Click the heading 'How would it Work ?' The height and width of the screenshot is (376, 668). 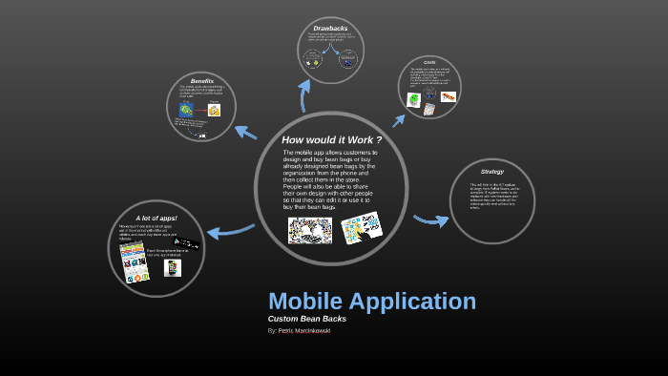pos(331,140)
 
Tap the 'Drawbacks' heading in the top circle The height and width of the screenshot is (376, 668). pos(330,29)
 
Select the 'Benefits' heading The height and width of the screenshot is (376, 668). pos(201,81)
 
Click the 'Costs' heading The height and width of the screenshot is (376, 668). pos(429,63)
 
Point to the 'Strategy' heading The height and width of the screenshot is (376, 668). pos(492,172)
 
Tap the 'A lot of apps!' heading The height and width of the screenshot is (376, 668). pos(157,218)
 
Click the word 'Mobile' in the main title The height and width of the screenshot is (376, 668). pos(305,301)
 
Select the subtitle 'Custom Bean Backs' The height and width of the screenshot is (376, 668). pos(306,319)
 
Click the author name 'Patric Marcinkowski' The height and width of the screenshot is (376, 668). pos(304,330)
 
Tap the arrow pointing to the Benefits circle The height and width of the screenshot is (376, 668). pos(245,133)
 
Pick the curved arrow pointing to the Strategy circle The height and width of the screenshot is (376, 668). pos(430,220)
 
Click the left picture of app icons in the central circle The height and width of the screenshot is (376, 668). pos(310,230)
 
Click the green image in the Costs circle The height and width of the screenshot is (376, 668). pos(414,99)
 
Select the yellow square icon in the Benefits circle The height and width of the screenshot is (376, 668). pos(215,110)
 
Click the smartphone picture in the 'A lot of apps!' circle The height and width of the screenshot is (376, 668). pos(173,268)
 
